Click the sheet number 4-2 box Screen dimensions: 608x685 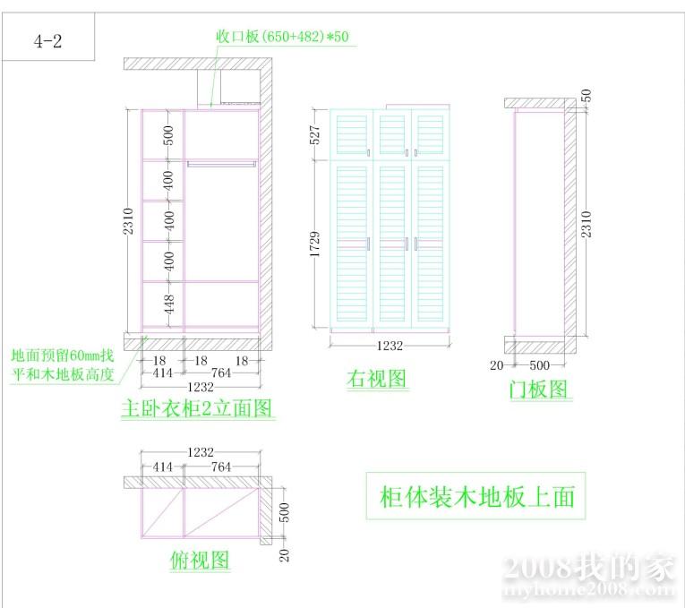[48, 41]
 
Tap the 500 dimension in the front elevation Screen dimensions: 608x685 [168, 135]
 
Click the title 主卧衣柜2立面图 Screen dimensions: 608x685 [197, 409]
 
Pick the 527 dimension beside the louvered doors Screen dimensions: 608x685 [316, 135]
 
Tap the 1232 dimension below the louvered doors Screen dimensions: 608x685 [389, 345]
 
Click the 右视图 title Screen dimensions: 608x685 [377, 379]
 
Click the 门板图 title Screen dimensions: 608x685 [537, 389]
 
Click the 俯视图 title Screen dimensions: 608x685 [200, 561]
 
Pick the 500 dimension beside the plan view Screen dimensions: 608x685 [285, 513]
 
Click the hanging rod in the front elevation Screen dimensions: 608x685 [221, 164]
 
